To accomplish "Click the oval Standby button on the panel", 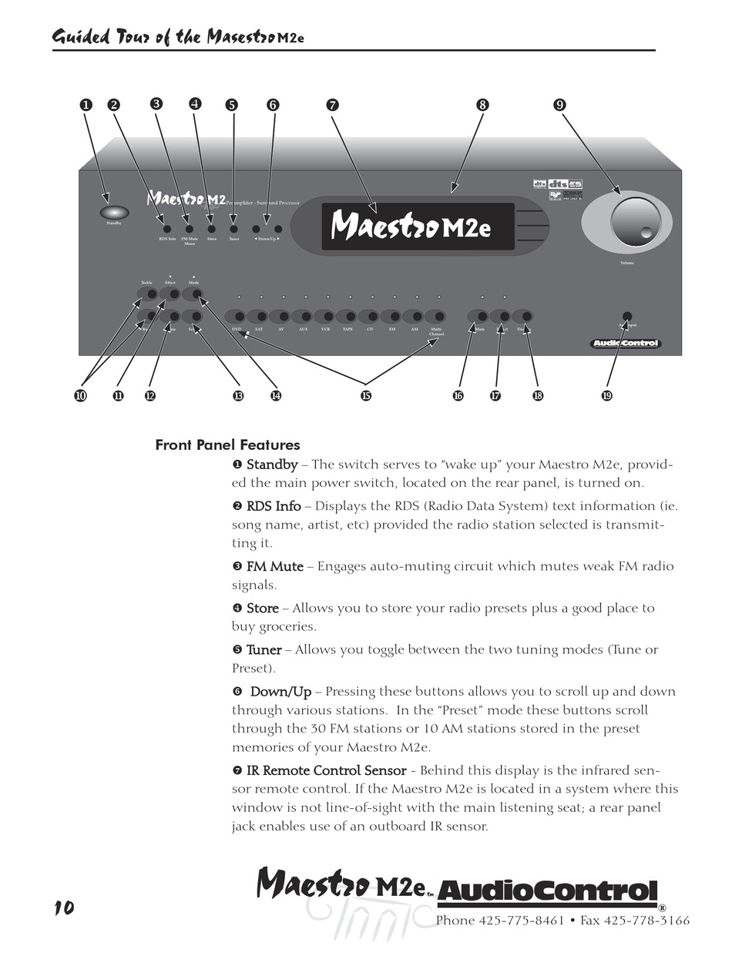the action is pyautogui.click(x=113, y=212).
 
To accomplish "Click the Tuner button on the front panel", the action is pyautogui.click(x=233, y=229).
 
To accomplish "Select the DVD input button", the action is pyautogui.click(x=238, y=317).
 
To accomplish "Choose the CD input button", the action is pyautogui.click(x=371, y=317).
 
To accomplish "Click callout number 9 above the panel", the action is pyautogui.click(x=559, y=106).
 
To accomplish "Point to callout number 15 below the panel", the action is pyautogui.click(x=365, y=396).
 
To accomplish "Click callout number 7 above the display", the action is pyautogui.click(x=332, y=106).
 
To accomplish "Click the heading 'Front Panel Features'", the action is pyautogui.click(x=227, y=444).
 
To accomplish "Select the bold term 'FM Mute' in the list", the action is pyautogui.click(x=274, y=566).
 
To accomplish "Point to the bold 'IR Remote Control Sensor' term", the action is pyautogui.click(x=326, y=770).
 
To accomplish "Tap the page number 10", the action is pyautogui.click(x=64, y=907).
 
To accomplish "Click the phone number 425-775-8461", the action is pyautogui.click(x=522, y=921).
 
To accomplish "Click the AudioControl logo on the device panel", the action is pyautogui.click(x=625, y=344).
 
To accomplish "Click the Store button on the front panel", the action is pyautogui.click(x=212, y=229).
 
